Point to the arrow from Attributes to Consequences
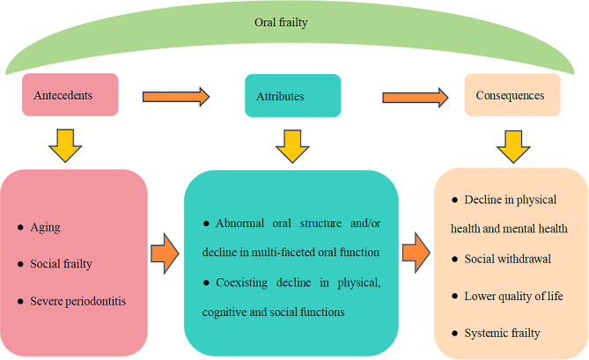pos(413,95)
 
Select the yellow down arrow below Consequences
pos(512,142)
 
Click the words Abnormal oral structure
pos(276,224)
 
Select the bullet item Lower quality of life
pos(508,297)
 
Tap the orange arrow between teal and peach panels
pos(416,253)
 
